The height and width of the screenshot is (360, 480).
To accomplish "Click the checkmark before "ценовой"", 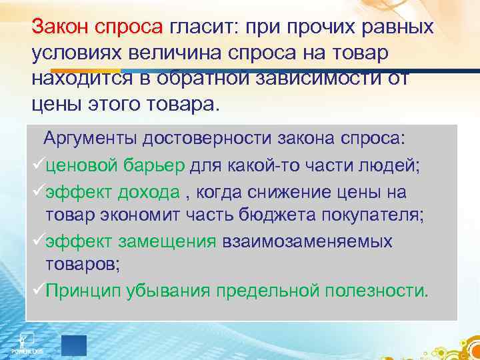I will [38, 165].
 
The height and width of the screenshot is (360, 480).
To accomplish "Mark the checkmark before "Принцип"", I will [38, 291].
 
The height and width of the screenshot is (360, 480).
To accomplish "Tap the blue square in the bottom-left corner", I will [74, 345].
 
